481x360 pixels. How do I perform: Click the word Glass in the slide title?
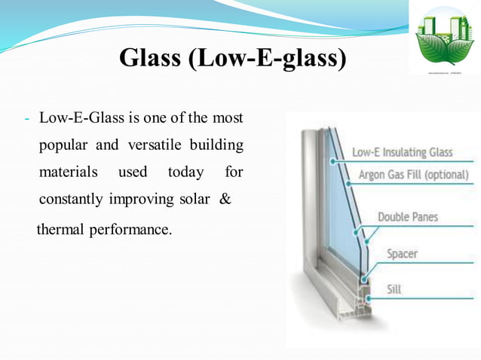[146, 58]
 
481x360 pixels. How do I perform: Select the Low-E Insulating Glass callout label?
[403, 152]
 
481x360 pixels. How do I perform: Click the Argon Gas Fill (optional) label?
[412, 175]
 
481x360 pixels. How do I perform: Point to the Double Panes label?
[407, 217]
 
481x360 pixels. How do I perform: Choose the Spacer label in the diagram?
[403, 254]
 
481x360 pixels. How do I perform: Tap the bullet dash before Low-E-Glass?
[26, 119]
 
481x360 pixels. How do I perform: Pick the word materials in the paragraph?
[68, 172]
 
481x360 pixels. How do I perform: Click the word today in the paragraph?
[185, 172]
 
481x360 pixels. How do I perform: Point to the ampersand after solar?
[224, 200]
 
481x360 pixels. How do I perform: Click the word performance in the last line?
[131, 227]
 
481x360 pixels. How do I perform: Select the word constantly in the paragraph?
[72, 200]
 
